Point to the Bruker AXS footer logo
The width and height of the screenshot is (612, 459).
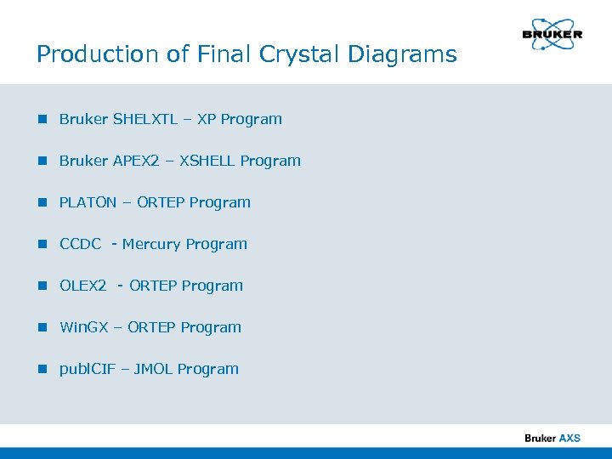(552, 438)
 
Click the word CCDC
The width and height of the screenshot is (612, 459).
(81, 244)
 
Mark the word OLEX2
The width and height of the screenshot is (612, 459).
(83, 286)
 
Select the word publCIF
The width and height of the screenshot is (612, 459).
(87, 369)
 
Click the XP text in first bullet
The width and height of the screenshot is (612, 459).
(207, 119)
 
